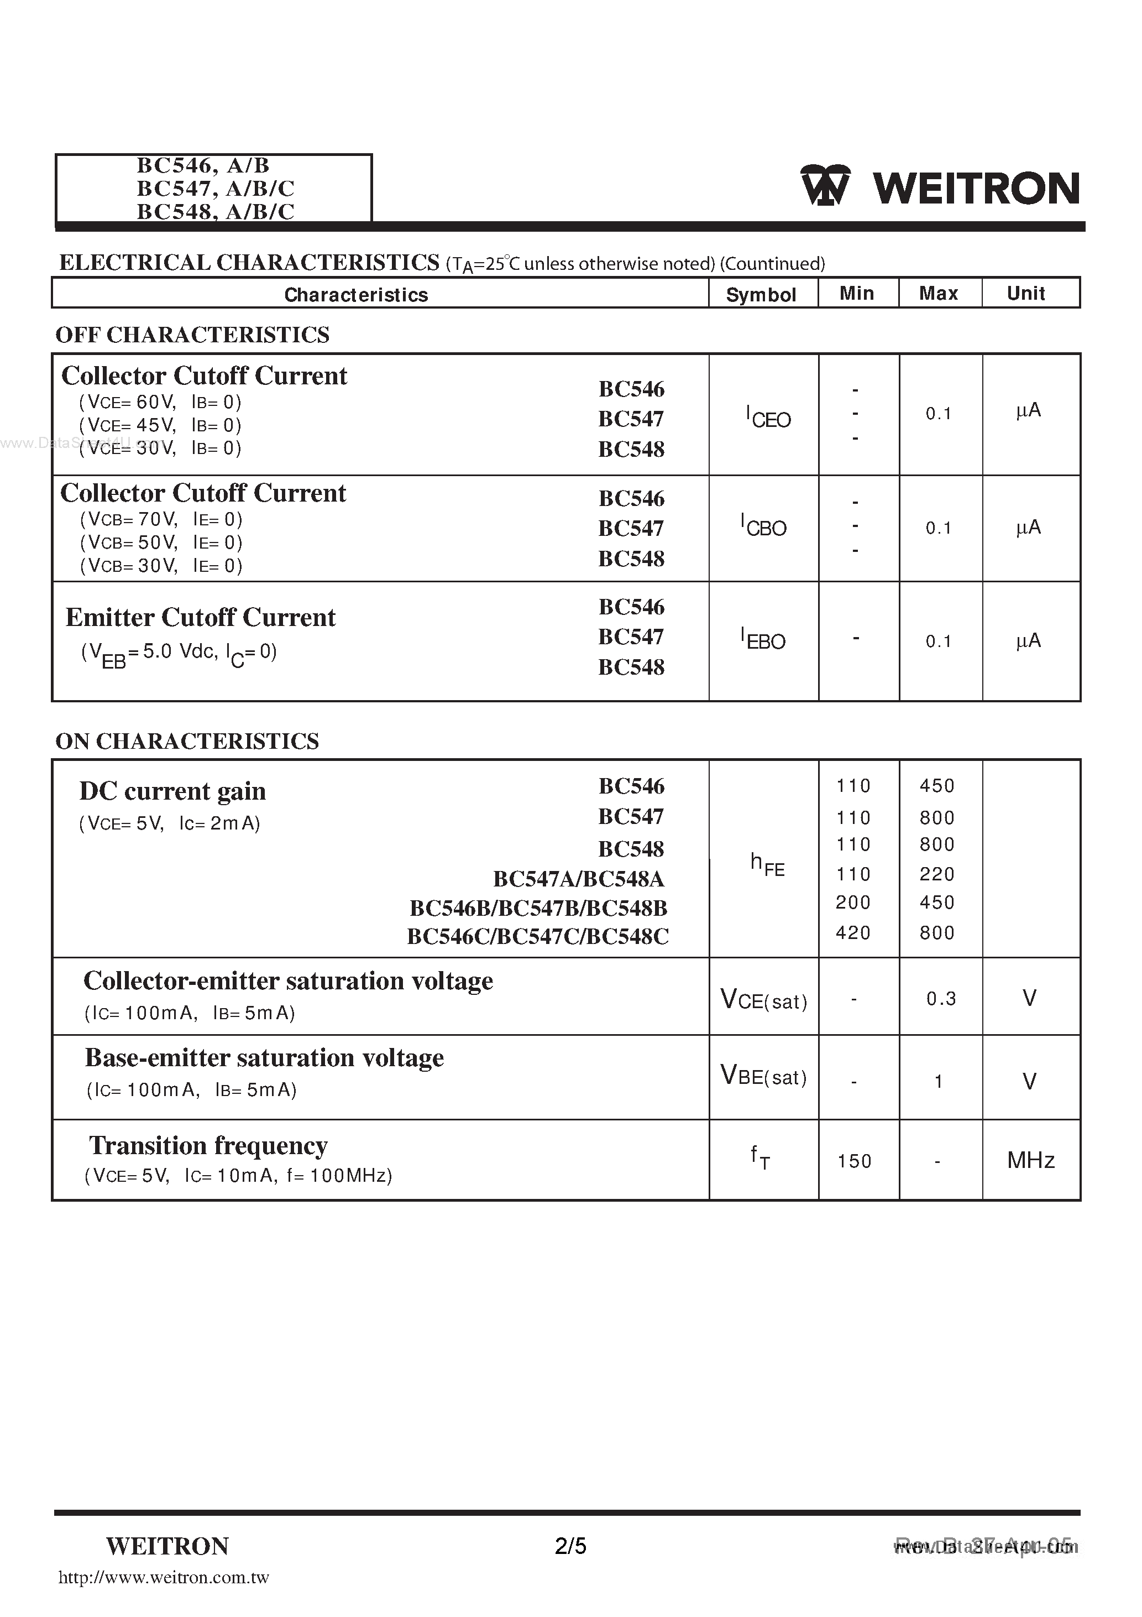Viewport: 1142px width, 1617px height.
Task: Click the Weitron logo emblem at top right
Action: pos(825,185)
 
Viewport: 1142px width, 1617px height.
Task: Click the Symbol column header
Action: pos(761,294)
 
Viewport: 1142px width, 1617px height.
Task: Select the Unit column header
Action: pos(1025,293)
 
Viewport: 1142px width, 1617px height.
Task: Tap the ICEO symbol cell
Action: pos(768,417)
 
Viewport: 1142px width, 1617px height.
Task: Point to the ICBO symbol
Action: pos(763,525)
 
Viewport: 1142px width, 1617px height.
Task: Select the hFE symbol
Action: pos(767,864)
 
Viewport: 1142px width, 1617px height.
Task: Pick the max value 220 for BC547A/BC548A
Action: pos(936,874)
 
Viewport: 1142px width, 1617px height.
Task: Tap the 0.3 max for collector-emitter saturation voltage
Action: pos(941,999)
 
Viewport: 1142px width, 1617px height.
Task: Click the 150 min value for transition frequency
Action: pos(854,1161)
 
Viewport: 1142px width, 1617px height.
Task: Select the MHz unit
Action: pos(1030,1160)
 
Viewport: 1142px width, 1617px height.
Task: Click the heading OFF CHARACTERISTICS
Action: pos(192,335)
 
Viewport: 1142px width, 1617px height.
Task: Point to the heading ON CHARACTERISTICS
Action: pos(187,741)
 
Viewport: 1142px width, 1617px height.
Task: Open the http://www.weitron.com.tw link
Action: pos(164,1578)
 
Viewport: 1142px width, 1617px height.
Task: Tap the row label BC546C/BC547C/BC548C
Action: pos(538,936)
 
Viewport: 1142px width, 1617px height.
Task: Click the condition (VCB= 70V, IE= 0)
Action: pos(161,519)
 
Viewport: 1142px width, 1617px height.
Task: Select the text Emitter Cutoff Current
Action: pos(201,617)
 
